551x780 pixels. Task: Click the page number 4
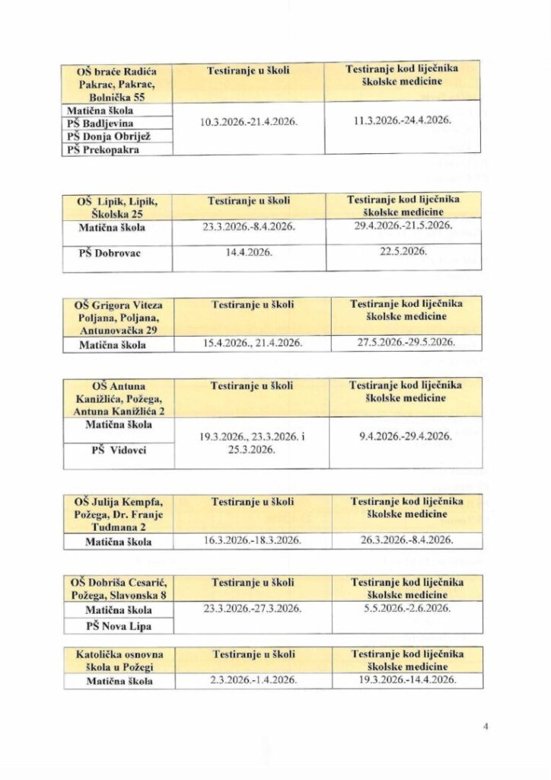point(485,726)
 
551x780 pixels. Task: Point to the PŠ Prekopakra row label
point(104,149)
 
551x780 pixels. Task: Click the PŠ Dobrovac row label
point(116,253)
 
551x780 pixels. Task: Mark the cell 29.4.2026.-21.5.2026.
point(403,225)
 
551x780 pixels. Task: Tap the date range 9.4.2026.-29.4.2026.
point(403,436)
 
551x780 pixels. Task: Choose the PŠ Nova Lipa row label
point(118,626)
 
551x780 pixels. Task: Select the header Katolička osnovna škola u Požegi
point(119,660)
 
